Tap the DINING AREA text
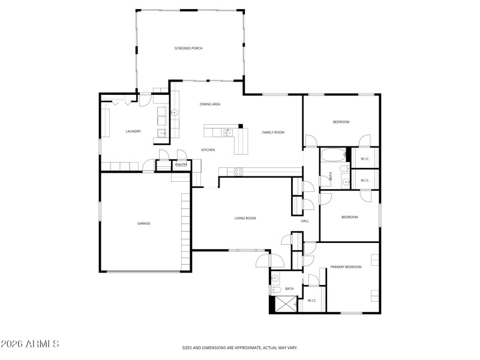coord(210,104)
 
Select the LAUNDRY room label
coord(133,131)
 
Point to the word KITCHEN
coord(208,150)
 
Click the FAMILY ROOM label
coord(273,132)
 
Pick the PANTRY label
coord(181,164)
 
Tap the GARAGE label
coord(144,223)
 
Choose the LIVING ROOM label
coord(245,218)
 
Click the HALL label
coord(305,221)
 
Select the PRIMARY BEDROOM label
coord(346,267)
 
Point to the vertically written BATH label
coord(330,176)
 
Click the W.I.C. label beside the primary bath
coord(312,301)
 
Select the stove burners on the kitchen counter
coord(238,172)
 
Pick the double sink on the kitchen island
coord(227,132)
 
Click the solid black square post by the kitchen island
coord(241,126)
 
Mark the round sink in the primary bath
coord(275,279)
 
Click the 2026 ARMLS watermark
coord(30,344)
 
